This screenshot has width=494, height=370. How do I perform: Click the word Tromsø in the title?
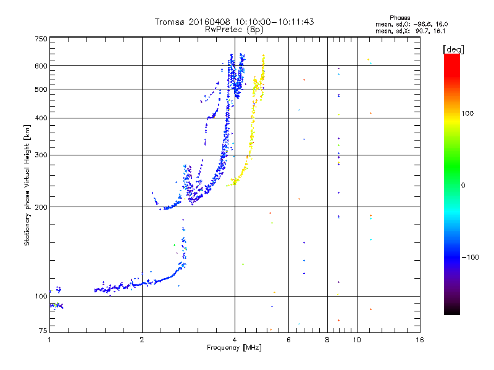tap(170, 22)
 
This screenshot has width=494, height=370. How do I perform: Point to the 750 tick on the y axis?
tap(41, 39)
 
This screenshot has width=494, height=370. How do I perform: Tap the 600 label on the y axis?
tap(41, 66)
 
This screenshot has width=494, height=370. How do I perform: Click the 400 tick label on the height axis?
tap(41, 118)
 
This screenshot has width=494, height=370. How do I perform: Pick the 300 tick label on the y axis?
tap(41, 155)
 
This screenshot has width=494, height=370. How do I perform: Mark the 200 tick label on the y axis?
tap(41, 207)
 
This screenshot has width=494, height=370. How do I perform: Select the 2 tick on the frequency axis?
tap(142, 339)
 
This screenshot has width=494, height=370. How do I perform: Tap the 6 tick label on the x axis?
tap(288, 339)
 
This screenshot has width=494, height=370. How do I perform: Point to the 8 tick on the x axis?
tap(327, 339)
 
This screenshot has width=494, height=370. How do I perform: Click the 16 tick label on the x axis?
tap(419, 339)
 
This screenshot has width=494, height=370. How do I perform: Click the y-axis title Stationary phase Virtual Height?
tap(27, 185)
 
